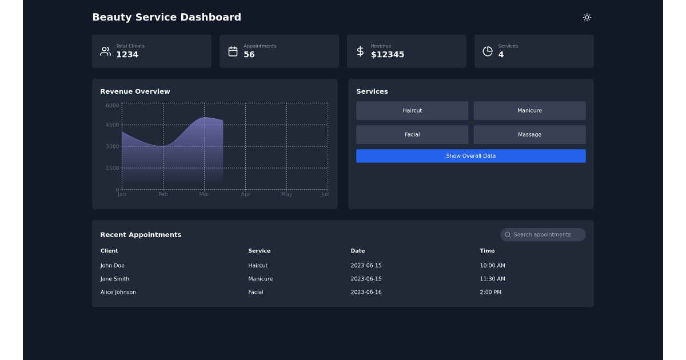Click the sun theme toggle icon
click(587, 17)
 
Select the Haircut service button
click(412, 111)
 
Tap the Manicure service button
click(529, 111)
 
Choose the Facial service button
click(412, 135)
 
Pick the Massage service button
click(529, 135)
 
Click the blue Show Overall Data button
click(470, 156)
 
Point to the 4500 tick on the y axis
click(113, 125)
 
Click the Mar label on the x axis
click(204, 194)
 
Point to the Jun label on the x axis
click(325, 194)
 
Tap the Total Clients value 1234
click(127, 55)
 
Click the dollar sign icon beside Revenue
click(360, 51)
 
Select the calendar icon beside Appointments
click(233, 51)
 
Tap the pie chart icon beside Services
click(488, 51)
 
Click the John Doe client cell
click(113, 266)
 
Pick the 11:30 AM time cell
click(492, 279)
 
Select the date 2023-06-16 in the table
click(366, 292)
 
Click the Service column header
click(260, 251)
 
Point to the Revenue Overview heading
click(135, 91)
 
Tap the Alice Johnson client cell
click(118, 292)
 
